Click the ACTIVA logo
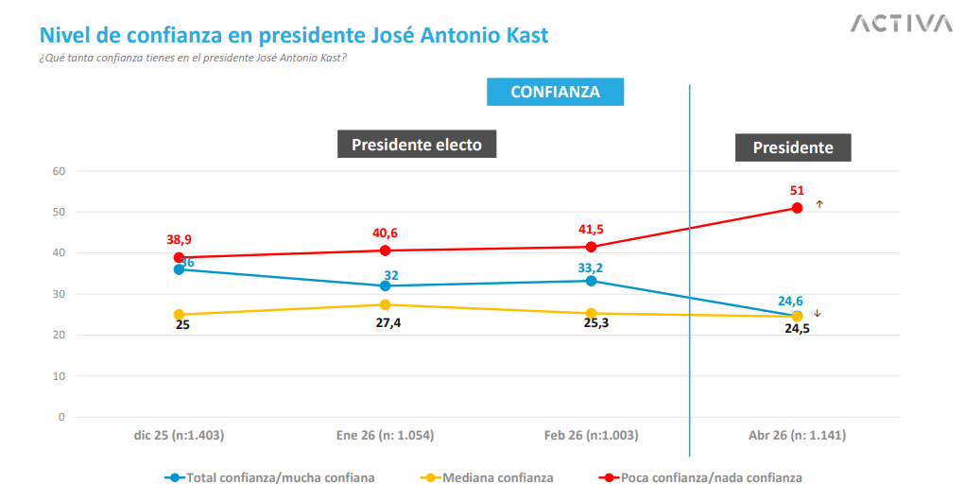coord(901,24)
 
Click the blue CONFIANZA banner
coord(555,92)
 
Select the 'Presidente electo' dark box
coord(417,145)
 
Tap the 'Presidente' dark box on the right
coord(793,147)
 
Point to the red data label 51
coord(797,190)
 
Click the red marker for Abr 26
coord(797,208)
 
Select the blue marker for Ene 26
coord(385,285)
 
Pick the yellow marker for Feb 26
coord(591,313)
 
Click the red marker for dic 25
coord(179,257)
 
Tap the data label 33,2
coord(591,267)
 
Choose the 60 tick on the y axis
coord(59,171)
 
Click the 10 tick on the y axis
coord(59,375)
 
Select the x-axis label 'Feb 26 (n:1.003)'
coord(591,436)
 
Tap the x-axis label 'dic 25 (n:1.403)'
coord(179,436)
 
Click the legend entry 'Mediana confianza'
coord(497,477)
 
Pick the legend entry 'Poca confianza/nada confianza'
coord(711,477)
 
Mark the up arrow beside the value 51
coord(819,204)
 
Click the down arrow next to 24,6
coord(818,314)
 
